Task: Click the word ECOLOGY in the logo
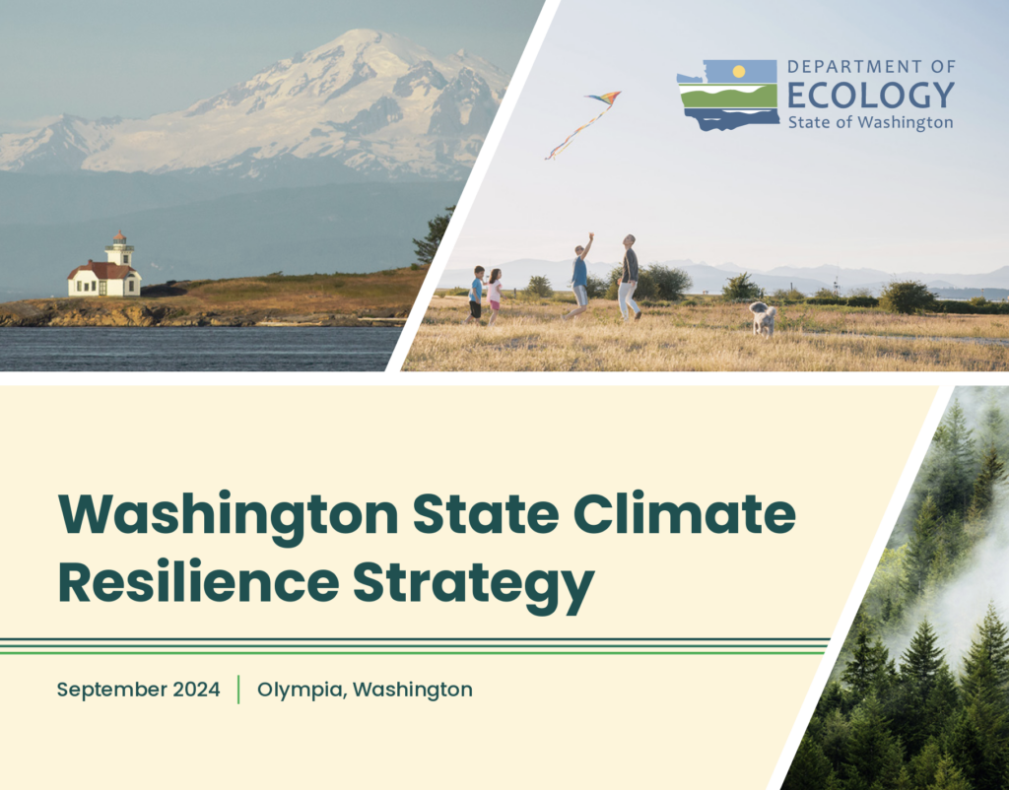[871, 96]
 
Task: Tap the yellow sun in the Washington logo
[739, 71]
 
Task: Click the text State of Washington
[871, 122]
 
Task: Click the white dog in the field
[764, 318]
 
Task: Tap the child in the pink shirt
[494, 296]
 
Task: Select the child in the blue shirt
[476, 294]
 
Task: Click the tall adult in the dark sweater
[629, 277]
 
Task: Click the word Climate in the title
[685, 513]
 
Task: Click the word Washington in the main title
[229, 517]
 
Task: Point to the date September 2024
[138, 690]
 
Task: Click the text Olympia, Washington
[365, 691]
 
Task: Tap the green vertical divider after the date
[238, 690]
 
